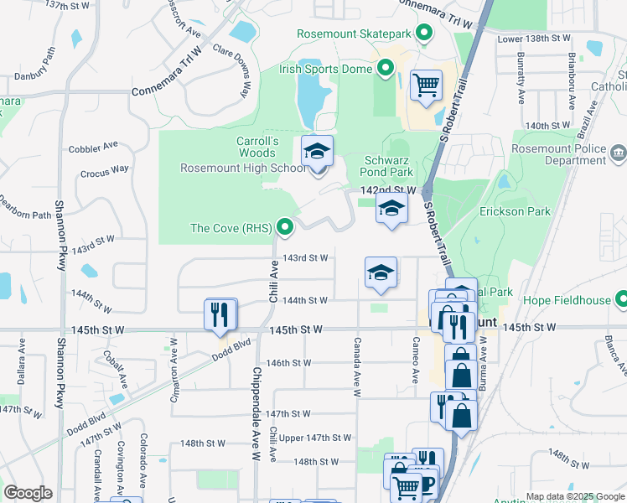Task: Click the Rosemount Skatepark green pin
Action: tap(424, 34)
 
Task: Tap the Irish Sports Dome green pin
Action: tap(386, 69)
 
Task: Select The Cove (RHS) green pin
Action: tap(286, 227)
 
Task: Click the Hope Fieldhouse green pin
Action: tap(621, 299)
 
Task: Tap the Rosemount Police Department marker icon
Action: tap(619, 153)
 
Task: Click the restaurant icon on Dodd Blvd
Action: tap(221, 314)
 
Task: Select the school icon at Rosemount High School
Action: tap(318, 152)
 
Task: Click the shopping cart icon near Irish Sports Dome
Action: tap(426, 85)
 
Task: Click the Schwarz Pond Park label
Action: tap(389, 166)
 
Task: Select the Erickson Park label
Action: tap(515, 211)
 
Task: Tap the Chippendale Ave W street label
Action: tap(257, 422)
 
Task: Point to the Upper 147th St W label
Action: tap(315, 438)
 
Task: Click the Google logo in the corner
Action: tap(28, 493)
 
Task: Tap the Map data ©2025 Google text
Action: tap(574, 496)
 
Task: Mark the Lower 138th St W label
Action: tap(533, 39)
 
